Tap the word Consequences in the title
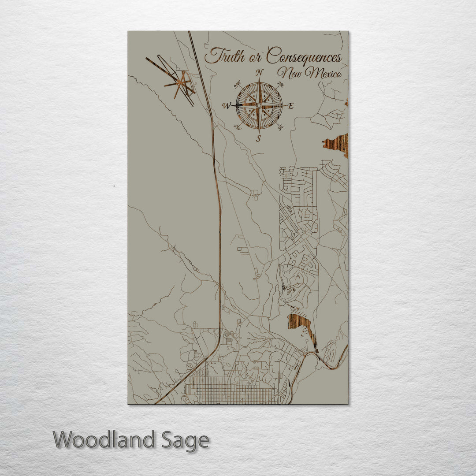point(304,56)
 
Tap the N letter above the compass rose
point(260,73)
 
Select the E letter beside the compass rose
point(290,106)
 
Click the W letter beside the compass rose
point(227,105)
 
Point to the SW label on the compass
point(238,127)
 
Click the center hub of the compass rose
point(259,106)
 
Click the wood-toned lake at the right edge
point(338,145)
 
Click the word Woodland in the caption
point(104,440)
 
